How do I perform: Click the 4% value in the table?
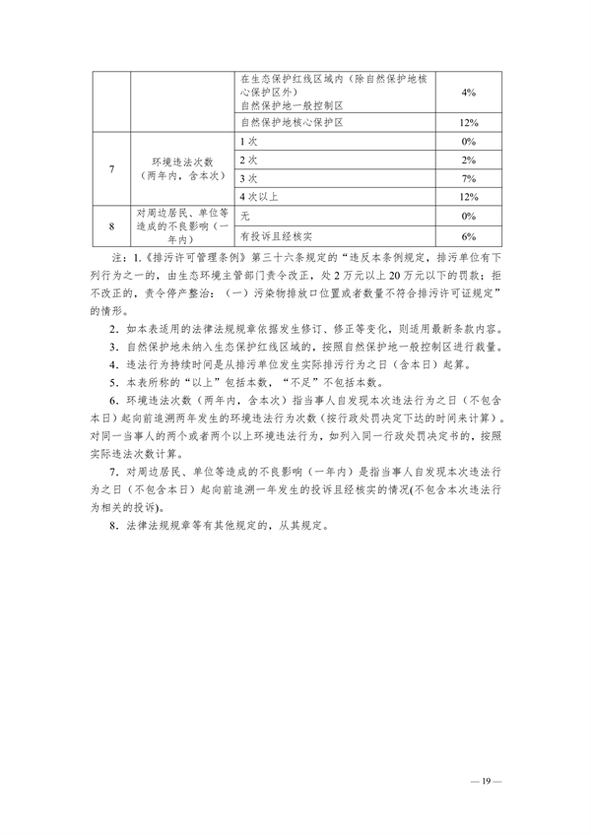click(468, 91)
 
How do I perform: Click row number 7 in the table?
click(112, 168)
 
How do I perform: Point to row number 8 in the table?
click(112, 225)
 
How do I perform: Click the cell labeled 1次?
click(248, 142)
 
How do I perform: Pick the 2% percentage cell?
click(468, 160)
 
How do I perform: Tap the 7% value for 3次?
click(468, 178)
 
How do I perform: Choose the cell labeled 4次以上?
click(258, 197)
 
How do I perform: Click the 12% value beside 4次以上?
click(468, 197)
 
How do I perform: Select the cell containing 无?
click(244, 216)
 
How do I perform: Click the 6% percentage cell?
click(468, 236)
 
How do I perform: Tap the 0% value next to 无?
click(468, 216)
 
